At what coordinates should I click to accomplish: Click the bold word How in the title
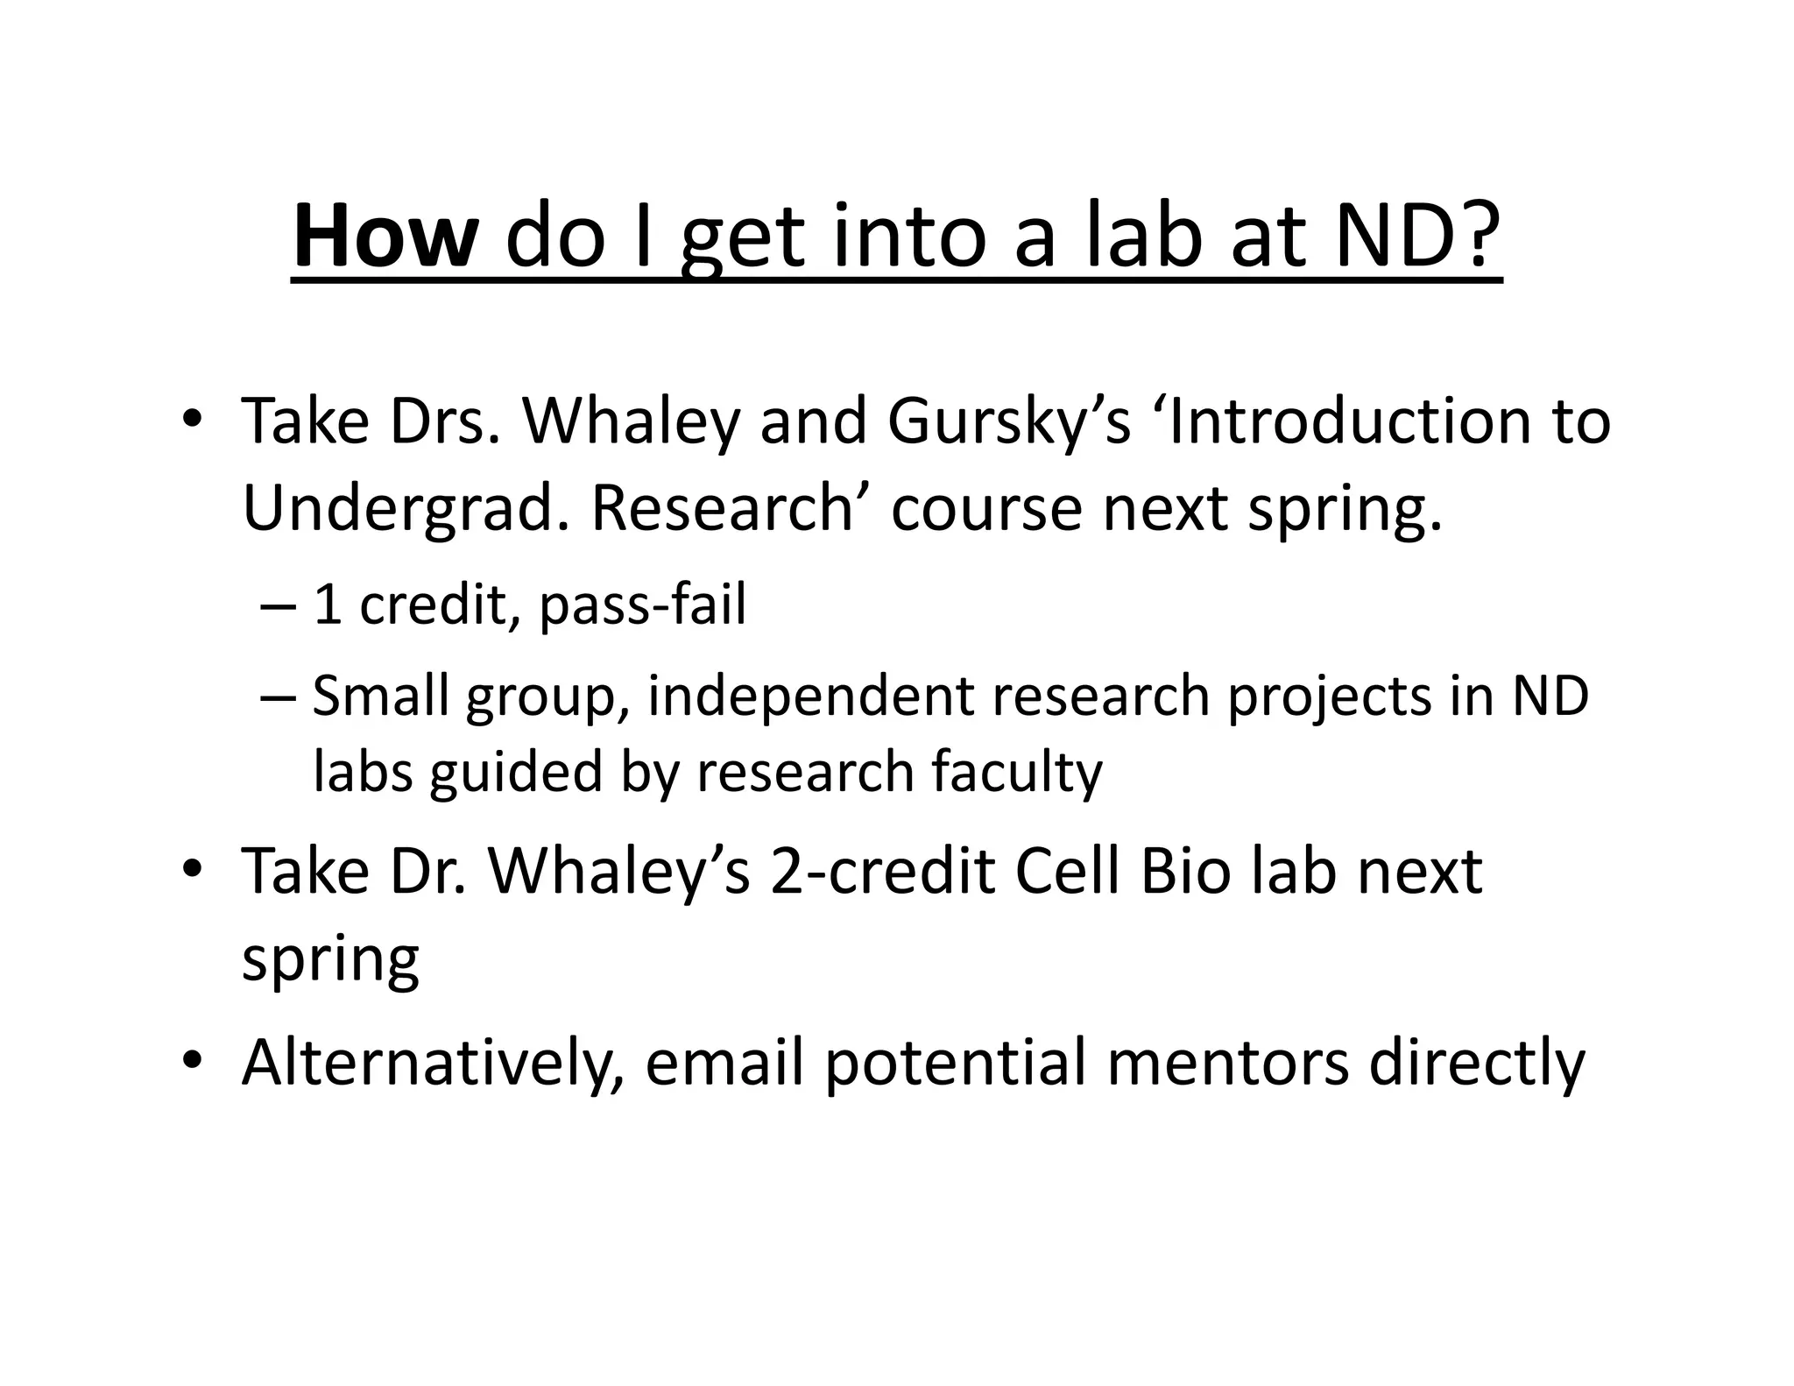coord(385,237)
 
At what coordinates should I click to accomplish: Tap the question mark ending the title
coord(1473,235)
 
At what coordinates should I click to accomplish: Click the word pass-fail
coord(642,605)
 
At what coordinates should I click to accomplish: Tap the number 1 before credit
coord(328,605)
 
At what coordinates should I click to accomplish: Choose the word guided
coord(515,773)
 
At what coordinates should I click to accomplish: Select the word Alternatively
coord(434,1063)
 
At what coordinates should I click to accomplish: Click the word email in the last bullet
coord(724,1061)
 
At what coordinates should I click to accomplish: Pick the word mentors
coord(1227,1061)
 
